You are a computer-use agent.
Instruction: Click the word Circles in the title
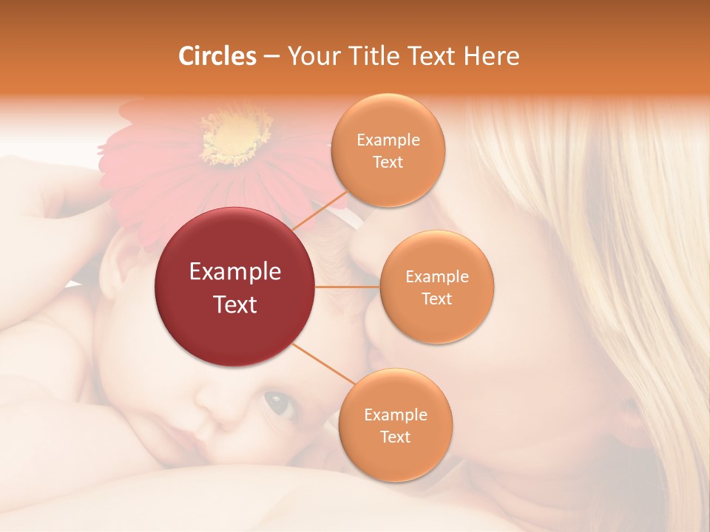pos(217,56)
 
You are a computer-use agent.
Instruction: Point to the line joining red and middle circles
pos(348,287)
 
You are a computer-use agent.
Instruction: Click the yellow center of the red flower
pos(235,137)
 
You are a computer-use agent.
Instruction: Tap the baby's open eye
pos(280,403)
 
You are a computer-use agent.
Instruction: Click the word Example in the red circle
pos(235,272)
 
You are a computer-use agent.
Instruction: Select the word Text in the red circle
pos(235,304)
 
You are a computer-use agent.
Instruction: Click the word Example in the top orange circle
pos(388,140)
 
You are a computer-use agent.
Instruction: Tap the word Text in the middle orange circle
pos(436,299)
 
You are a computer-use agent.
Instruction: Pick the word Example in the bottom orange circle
pos(395,415)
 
